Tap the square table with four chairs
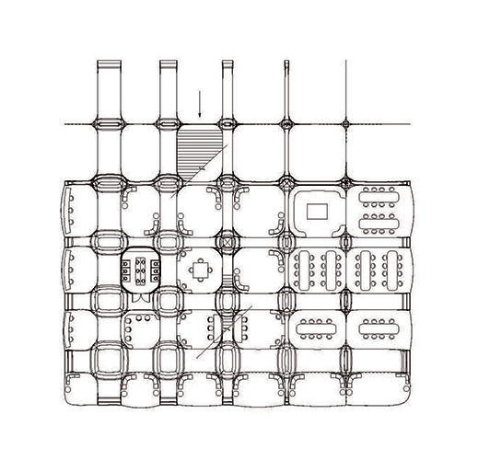tap(199, 270)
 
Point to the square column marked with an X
tap(228, 242)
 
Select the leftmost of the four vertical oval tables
tap(306, 269)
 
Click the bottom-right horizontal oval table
tap(376, 328)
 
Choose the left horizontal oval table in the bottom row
tap(318, 328)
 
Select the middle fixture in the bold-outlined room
tap(140, 272)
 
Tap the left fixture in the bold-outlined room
tap(126, 270)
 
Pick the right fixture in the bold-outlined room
tap(153, 270)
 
